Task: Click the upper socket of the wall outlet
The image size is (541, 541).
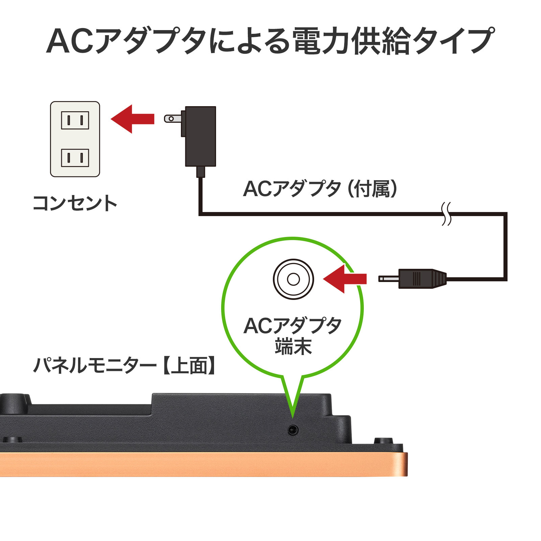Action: (75, 120)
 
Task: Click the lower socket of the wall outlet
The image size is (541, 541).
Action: (75, 158)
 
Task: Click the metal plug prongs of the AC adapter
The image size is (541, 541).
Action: (172, 118)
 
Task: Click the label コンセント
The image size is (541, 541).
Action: (75, 203)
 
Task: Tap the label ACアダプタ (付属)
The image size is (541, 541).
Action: (320, 189)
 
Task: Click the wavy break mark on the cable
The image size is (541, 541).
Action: (447, 214)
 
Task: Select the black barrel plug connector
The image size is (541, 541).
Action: (422, 279)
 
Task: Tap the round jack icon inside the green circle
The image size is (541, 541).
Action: (293, 279)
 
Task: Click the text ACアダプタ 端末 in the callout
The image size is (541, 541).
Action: (293, 336)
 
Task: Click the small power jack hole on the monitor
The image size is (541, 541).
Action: (293, 430)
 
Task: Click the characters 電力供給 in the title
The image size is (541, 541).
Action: (352, 41)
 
